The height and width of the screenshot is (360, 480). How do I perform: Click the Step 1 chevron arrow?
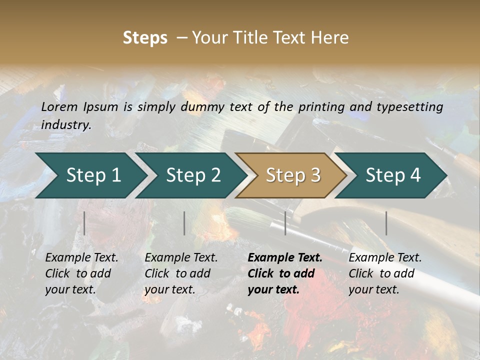tap(90, 175)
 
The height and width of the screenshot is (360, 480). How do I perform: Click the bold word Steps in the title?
tap(145, 38)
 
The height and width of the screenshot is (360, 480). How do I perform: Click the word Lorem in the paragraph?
tap(59, 107)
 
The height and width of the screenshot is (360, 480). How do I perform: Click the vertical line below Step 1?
tap(84, 223)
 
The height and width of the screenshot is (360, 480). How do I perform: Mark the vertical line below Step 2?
tap(184, 223)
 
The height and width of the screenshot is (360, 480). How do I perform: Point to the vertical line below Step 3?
tap(285, 223)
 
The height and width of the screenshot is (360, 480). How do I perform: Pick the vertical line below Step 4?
tap(386, 223)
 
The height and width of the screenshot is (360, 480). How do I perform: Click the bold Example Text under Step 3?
tap(285, 258)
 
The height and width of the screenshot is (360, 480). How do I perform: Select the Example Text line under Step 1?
tap(81, 258)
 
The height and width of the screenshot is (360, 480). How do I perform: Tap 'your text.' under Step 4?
tap(373, 289)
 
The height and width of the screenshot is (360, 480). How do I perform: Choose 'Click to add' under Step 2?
tap(177, 273)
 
